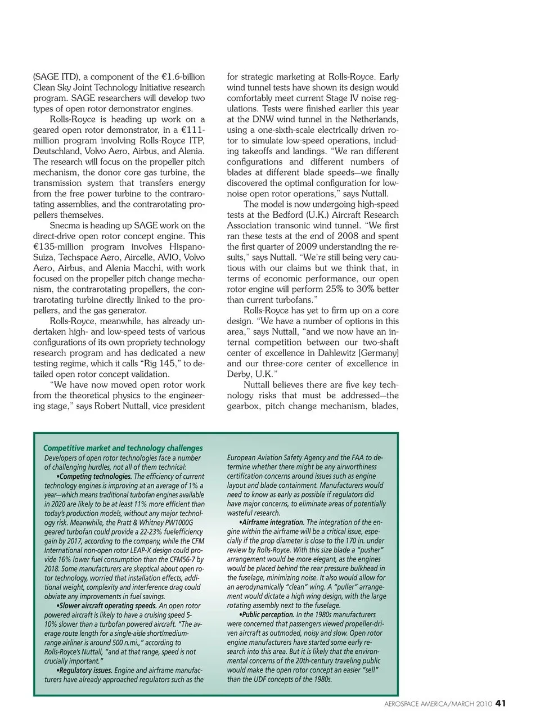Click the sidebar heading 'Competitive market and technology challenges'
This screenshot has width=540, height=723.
[x=123, y=448]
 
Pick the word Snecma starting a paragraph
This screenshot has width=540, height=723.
[x=65, y=226]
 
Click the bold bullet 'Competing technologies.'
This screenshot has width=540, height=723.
[x=95, y=477]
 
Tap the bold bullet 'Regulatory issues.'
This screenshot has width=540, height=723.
[x=84, y=671]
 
